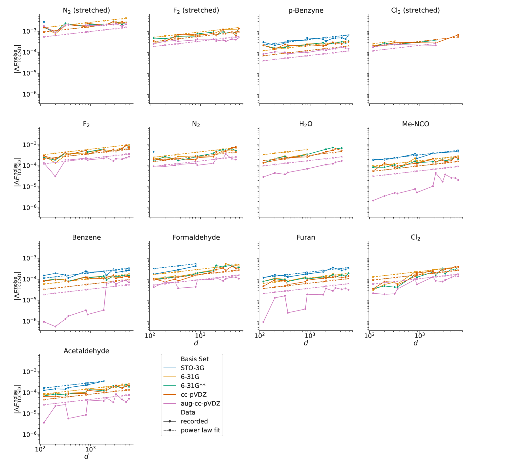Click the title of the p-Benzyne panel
pos(306,10)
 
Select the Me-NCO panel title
pos(415,124)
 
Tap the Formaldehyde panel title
pos(196,237)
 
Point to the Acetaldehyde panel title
pos(86,351)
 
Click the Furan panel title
pos(306,237)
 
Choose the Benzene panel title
pos(86,237)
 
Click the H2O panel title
pos(306,124)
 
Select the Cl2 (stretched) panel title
pos(415,10)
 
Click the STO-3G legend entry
pos(192,368)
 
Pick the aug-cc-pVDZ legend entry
pos(200,404)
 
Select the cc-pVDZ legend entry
pos(194,395)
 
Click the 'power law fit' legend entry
pos(200,430)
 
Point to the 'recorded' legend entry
pos(194,421)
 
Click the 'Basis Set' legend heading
pos(195,359)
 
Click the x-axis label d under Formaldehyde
pos(196,343)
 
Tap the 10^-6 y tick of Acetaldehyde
pos(29,434)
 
